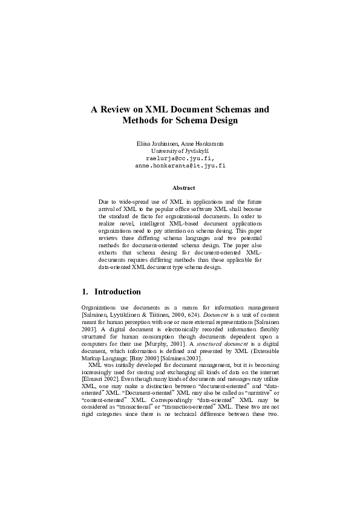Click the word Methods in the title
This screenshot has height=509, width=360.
(x=142, y=120)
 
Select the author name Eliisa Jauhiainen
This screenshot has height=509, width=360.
(x=159, y=143)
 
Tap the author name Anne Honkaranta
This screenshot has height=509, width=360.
(x=203, y=143)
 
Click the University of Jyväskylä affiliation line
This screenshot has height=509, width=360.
(x=180, y=150)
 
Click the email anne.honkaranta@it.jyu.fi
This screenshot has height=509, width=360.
(x=180, y=164)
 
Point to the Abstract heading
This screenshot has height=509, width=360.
(x=180, y=188)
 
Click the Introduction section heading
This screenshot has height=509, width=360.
(x=117, y=291)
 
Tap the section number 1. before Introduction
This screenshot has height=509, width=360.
(x=85, y=291)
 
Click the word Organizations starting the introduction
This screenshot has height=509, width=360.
(x=100, y=308)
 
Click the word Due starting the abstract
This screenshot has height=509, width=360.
(x=104, y=201)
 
